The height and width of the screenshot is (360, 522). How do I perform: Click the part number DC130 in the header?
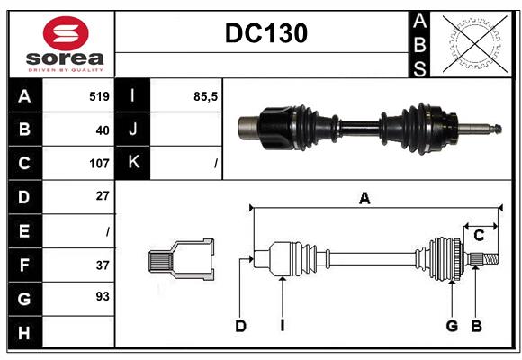265,33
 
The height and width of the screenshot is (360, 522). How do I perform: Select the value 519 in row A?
99,96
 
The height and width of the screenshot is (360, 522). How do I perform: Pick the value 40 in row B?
102,130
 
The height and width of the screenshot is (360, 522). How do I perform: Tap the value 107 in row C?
99,164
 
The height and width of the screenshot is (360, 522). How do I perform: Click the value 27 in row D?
102,195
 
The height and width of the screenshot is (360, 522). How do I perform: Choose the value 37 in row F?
102,265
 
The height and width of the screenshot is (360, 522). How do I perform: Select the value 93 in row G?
102,296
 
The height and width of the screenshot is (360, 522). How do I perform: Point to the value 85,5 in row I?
206,96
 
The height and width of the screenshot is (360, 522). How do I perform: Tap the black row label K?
133,163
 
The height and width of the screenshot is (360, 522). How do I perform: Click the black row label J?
133,130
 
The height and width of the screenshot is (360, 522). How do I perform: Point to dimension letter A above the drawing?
364,199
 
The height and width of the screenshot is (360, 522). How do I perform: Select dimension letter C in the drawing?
480,236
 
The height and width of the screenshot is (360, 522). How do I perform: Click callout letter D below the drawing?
240,326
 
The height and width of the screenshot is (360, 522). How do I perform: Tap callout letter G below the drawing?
452,326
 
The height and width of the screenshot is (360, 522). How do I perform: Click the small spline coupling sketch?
181,260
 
